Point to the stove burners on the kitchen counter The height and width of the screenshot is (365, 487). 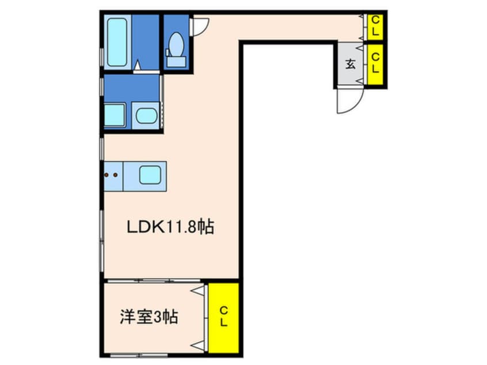(x=113, y=175)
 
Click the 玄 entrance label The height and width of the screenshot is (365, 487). (x=350, y=64)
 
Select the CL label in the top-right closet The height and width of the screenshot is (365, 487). (x=375, y=26)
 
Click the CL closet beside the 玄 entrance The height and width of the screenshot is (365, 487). (x=375, y=63)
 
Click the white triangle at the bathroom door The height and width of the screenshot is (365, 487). (x=138, y=69)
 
